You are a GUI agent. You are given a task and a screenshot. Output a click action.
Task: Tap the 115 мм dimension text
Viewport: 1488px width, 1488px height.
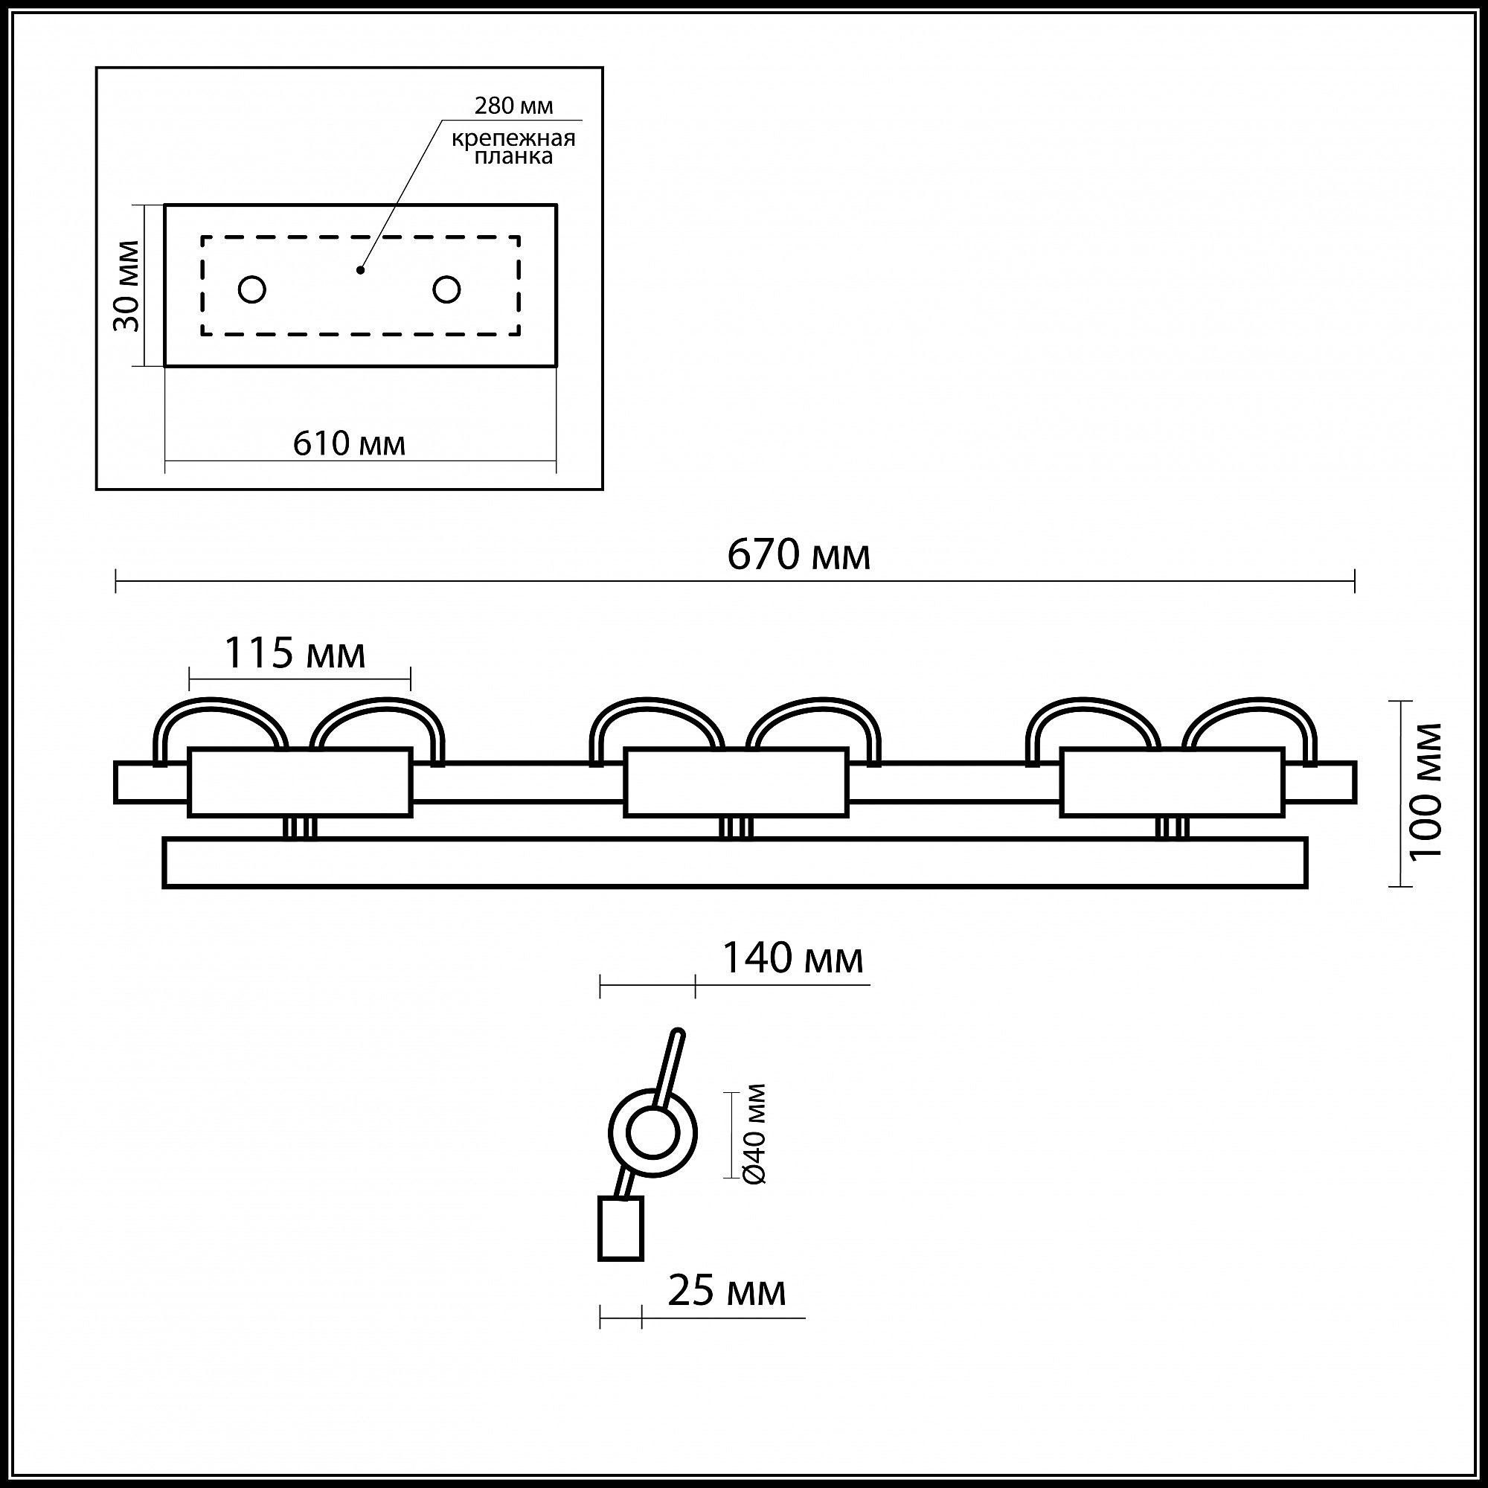point(294,654)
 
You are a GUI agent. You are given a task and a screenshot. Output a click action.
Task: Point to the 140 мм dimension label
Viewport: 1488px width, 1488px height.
point(792,959)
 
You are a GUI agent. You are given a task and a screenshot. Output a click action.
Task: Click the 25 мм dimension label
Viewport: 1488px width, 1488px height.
point(726,1291)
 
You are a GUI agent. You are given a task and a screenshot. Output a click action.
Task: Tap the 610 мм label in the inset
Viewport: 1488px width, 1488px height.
point(349,443)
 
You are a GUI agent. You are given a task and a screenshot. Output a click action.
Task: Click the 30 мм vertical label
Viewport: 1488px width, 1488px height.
point(128,286)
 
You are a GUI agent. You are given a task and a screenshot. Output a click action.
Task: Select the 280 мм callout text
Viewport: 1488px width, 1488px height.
point(513,106)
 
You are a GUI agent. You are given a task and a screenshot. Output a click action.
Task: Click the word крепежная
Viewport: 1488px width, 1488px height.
point(513,138)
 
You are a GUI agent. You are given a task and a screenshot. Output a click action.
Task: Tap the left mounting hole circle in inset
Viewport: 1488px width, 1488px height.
point(253,289)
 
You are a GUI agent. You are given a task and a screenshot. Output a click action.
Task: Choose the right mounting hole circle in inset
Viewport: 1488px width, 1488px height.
point(446,289)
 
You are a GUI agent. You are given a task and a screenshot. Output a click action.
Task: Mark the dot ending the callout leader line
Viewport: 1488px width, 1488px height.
point(359,270)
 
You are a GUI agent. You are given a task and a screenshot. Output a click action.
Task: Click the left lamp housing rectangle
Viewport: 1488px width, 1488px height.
point(301,783)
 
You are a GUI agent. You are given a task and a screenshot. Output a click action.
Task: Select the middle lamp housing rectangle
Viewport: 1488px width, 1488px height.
point(736,783)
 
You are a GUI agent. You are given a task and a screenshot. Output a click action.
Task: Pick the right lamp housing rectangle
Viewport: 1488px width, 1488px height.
point(1172,783)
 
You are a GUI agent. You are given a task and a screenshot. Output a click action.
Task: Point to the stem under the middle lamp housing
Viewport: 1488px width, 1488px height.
point(736,828)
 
